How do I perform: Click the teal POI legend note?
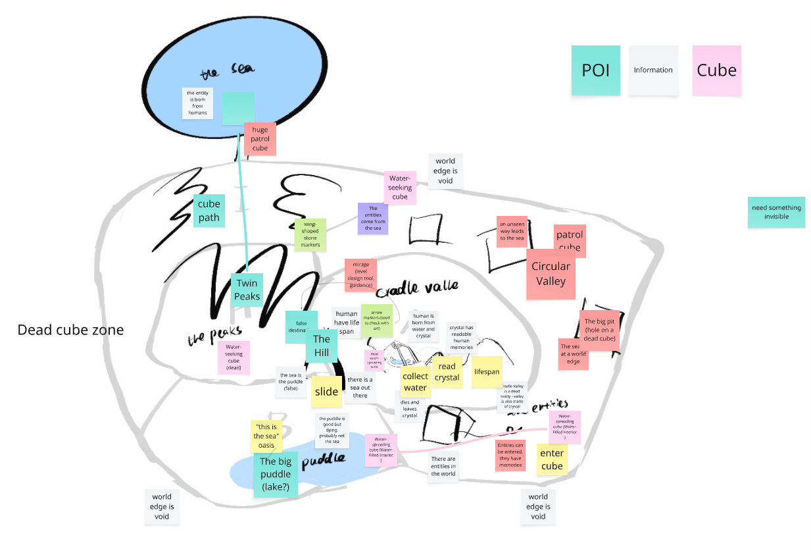pyautogui.click(x=595, y=70)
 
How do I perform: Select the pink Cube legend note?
pyautogui.click(x=716, y=70)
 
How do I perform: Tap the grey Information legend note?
pyautogui.click(x=653, y=70)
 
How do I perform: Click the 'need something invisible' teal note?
pyautogui.click(x=776, y=212)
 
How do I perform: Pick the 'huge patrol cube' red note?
pyautogui.click(x=260, y=139)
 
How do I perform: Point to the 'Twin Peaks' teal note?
pyautogui.click(x=247, y=290)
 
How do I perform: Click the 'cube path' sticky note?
pyautogui.click(x=209, y=211)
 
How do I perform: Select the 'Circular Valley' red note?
pyautogui.click(x=551, y=274)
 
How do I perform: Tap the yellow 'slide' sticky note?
pyautogui.click(x=326, y=392)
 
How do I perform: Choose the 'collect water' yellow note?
pyautogui.click(x=415, y=382)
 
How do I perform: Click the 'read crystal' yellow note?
pyautogui.click(x=447, y=372)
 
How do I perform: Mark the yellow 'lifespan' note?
pyautogui.click(x=487, y=372)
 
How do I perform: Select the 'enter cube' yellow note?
pyautogui.click(x=551, y=459)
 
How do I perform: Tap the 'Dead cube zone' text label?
pyautogui.click(x=70, y=330)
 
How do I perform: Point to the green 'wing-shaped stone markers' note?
pyautogui.click(x=310, y=234)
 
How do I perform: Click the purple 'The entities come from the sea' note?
pyautogui.click(x=373, y=219)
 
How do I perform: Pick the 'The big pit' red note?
pyautogui.click(x=599, y=330)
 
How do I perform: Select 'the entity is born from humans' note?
pyautogui.click(x=197, y=103)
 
